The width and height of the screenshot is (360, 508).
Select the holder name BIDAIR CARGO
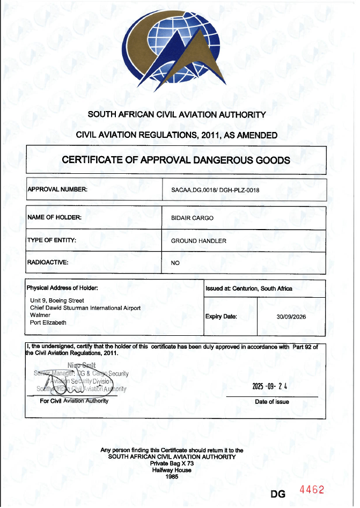[192, 218]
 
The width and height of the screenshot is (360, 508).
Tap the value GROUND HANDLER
[199, 241]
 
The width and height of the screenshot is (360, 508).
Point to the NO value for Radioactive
[175, 263]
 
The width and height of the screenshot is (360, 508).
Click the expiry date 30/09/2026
[291, 317]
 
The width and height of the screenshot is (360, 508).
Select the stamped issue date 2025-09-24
[270, 386]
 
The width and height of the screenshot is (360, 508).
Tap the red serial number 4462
[312, 490]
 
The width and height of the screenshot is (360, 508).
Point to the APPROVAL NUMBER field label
[57, 189]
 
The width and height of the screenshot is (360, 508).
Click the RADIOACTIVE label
[48, 263]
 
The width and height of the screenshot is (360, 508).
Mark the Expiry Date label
[221, 316]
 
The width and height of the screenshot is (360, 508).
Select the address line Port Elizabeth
[48, 323]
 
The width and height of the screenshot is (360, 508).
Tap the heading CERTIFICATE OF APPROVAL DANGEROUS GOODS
[176, 160]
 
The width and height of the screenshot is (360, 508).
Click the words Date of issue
[272, 402]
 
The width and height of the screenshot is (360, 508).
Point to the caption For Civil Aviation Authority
[74, 401]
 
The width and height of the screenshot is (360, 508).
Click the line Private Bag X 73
[172, 462]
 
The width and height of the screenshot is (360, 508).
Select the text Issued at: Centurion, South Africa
[248, 288]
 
